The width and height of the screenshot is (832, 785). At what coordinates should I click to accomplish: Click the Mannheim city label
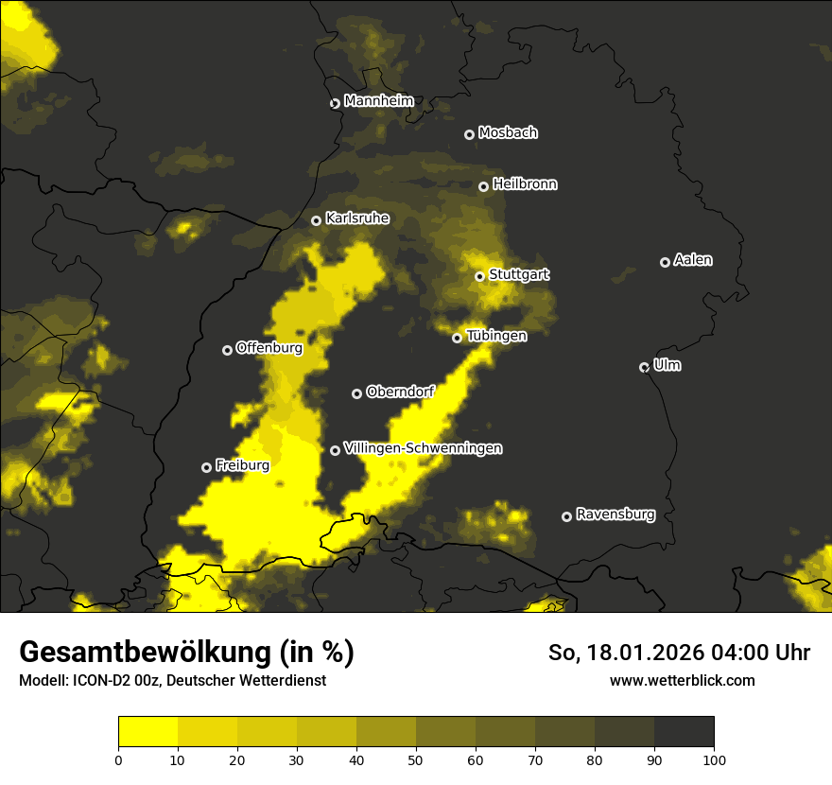pyautogui.click(x=378, y=101)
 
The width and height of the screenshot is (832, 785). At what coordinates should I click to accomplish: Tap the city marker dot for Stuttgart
pyautogui.click(x=480, y=276)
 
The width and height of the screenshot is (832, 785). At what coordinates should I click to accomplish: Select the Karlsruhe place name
pyautogui.click(x=356, y=218)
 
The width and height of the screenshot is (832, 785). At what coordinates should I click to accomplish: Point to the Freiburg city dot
pyautogui.click(x=206, y=467)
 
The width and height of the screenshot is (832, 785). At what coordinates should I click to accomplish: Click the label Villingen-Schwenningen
pyautogui.click(x=423, y=448)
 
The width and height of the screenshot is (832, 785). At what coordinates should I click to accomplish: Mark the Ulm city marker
pyautogui.click(x=644, y=367)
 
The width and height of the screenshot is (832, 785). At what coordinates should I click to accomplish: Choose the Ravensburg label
pyautogui.click(x=615, y=515)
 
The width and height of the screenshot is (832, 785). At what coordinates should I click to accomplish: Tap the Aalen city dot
pyautogui.click(x=665, y=262)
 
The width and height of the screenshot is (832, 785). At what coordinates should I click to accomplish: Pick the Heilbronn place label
pyautogui.click(x=525, y=184)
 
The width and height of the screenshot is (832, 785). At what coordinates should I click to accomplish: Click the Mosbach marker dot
pyautogui.click(x=469, y=134)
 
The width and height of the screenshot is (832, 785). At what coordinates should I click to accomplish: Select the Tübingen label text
pyautogui.click(x=496, y=336)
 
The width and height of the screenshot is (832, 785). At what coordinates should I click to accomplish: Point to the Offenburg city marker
pyautogui.click(x=227, y=350)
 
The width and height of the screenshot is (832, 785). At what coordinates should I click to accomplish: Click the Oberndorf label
pyautogui.click(x=399, y=392)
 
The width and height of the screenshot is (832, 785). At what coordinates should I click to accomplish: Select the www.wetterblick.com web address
pyautogui.click(x=682, y=680)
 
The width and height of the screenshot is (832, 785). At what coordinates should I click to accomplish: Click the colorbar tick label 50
pyautogui.click(x=416, y=759)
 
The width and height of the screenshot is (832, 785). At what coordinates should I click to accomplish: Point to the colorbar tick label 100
pyautogui.click(x=714, y=759)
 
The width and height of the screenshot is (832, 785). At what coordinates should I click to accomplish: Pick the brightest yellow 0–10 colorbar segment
pyautogui.click(x=147, y=732)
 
